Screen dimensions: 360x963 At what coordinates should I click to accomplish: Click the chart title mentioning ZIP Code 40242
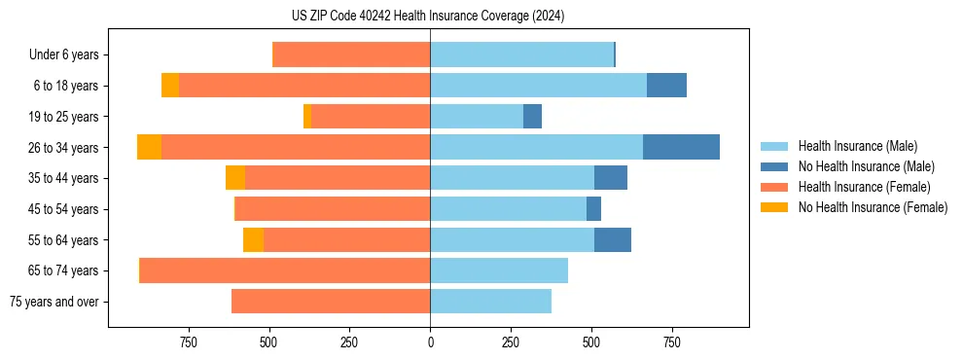[x=428, y=16]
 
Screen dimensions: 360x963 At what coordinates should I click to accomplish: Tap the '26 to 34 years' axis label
[x=63, y=148]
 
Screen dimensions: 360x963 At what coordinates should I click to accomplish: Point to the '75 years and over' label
[x=54, y=302]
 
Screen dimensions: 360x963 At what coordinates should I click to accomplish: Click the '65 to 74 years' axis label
[x=63, y=270]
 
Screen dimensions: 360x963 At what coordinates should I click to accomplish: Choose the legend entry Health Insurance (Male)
[x=857, y=146]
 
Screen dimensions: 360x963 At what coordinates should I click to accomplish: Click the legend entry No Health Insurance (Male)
[x=866, y=166]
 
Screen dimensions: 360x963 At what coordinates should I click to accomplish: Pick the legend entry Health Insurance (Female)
[x=864, y=187]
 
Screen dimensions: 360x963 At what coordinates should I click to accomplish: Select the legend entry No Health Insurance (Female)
[x=873, y=207]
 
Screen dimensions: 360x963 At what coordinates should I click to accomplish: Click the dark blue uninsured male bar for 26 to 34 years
[x=681, y=147]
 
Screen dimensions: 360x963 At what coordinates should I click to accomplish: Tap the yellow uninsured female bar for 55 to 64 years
[x=253, y=239]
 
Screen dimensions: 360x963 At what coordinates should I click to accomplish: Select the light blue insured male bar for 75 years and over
[x=490, y=302]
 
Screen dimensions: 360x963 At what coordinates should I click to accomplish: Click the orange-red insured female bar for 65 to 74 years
[x=285, y=270]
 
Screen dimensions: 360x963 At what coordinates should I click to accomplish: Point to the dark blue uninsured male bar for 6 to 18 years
[x=666, y=86]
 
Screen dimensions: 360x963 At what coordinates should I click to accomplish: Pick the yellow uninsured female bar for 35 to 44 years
[x=234, y=178]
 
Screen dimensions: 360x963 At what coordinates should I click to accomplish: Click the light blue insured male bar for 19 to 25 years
[x=477, y=117]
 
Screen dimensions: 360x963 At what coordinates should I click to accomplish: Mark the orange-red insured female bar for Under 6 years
[x=351, y=55]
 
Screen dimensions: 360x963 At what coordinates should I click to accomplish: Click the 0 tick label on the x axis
[x=430, y=342]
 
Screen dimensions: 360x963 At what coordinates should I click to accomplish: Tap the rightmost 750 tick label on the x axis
[x=671, y=342]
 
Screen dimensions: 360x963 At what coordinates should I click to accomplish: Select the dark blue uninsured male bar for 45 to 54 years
[x=593, y=209]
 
